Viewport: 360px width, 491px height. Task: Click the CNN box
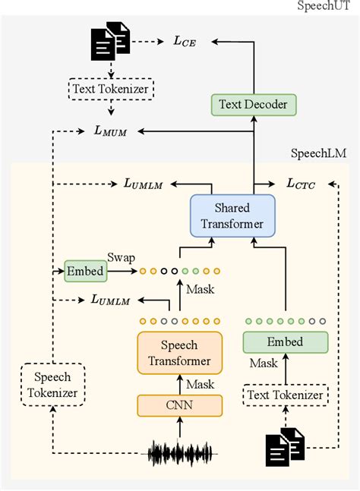pyautogui.click(x=179, y=406)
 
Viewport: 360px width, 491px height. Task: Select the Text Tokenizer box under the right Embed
pyautogui.click(x=285, y=395)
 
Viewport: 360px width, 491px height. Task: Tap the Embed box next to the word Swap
pyautogui.click(x=86, y=271)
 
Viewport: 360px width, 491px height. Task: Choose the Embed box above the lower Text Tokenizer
pyautogui.click(x=285, y=342)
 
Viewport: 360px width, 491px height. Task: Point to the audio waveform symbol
pyautogui.click(x=180, y=454)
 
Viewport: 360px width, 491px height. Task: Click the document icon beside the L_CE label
pyautogui.click(x=110, y=40)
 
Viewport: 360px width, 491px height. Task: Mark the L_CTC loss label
pyautogui.click(x=301, y=184)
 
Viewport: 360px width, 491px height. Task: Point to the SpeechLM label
pyautogui.click(x=320, y=153)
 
